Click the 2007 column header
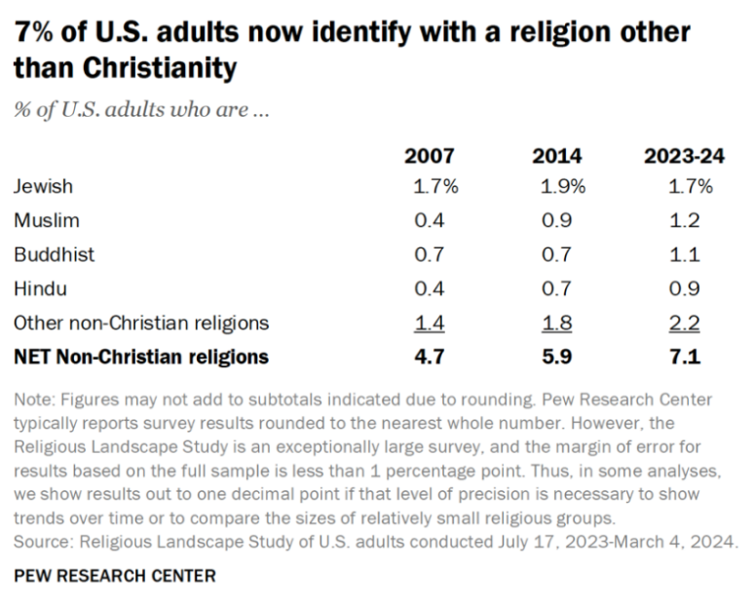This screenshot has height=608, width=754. click(x=430, y=156)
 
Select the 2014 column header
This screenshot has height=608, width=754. click(x=557, y=156)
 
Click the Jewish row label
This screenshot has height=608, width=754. click(x=43, y=186)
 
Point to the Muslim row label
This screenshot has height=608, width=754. click(x=46, y=220)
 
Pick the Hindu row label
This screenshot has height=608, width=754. click(x=40, y=288)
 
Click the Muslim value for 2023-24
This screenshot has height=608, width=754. click(x=686, y=220)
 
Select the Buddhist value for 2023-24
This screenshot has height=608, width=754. click(x=686, y=254)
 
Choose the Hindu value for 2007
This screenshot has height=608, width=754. click(x=430, y=288)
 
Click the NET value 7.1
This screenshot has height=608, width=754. click(x=686, y=357)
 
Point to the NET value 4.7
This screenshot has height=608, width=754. click(x=430, y=357)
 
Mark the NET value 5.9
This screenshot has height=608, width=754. click(x=557, y=357)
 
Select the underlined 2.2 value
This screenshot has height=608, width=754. click(x=686, y=323)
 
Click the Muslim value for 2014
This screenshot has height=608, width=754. click(x=557, y=220)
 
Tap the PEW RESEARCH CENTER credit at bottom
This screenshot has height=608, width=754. click(x=115, y=576)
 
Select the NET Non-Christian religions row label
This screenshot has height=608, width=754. click(x=141, y=357)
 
